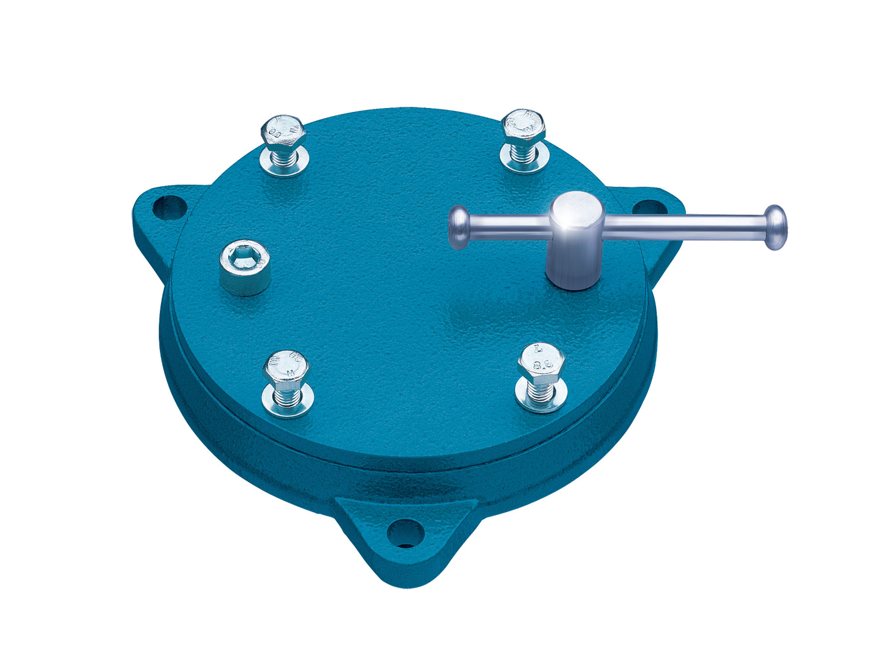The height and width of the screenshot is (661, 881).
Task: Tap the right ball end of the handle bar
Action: coord(776,227)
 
